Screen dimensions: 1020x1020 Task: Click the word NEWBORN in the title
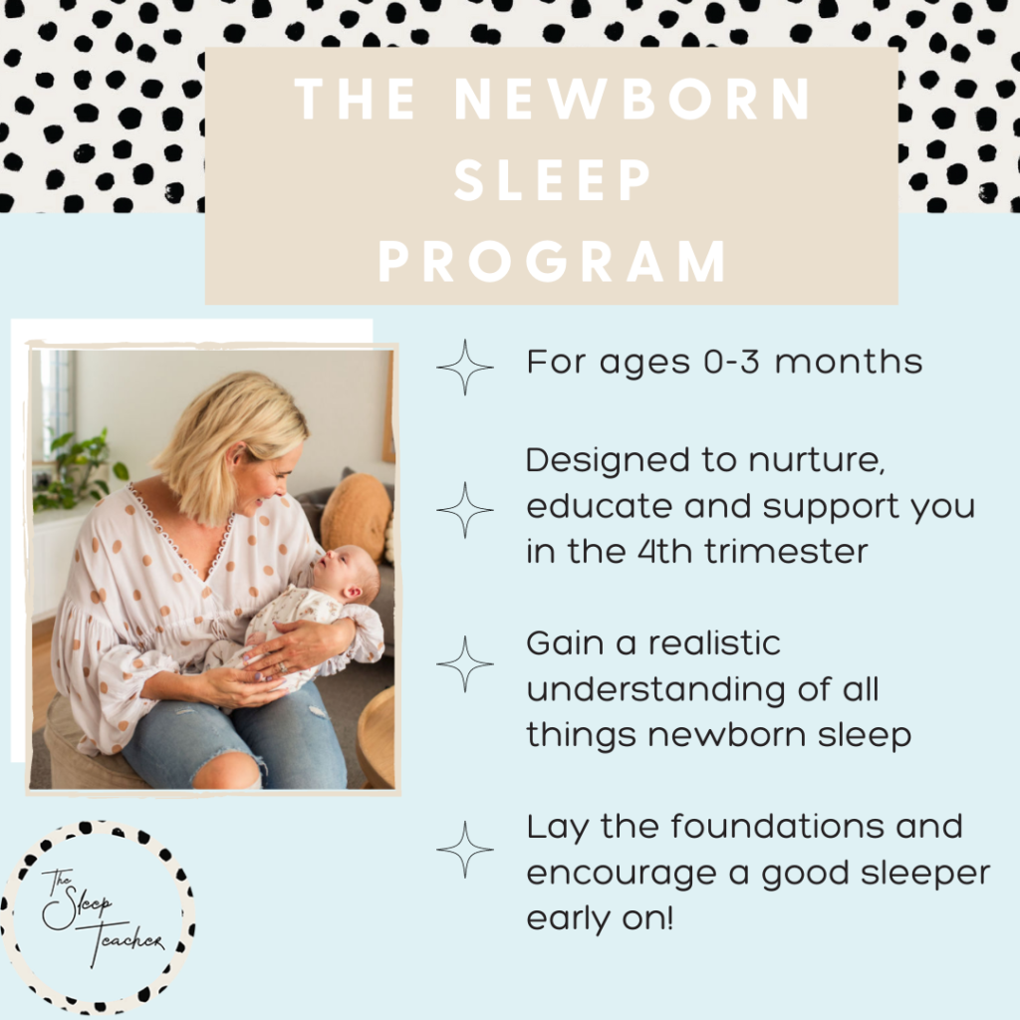[633, 99]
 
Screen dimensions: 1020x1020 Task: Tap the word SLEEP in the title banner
[552, 180]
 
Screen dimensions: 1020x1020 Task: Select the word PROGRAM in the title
[552, 262]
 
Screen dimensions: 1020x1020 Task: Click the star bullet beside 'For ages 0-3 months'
[464, 367]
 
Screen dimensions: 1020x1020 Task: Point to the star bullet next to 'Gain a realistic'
[464, 664]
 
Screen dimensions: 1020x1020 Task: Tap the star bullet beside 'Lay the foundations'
[464, 849]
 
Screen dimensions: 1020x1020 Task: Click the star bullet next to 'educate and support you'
[464, 510]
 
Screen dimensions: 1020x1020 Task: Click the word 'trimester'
[786, 552]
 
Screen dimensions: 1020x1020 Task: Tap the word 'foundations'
[777, 827]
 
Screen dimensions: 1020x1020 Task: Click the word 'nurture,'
[817, 461]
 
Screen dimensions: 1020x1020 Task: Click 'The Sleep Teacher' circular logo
[98, 917]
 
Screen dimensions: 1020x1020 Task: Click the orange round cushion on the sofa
[356, 515]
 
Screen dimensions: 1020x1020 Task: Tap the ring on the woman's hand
[282, 666]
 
